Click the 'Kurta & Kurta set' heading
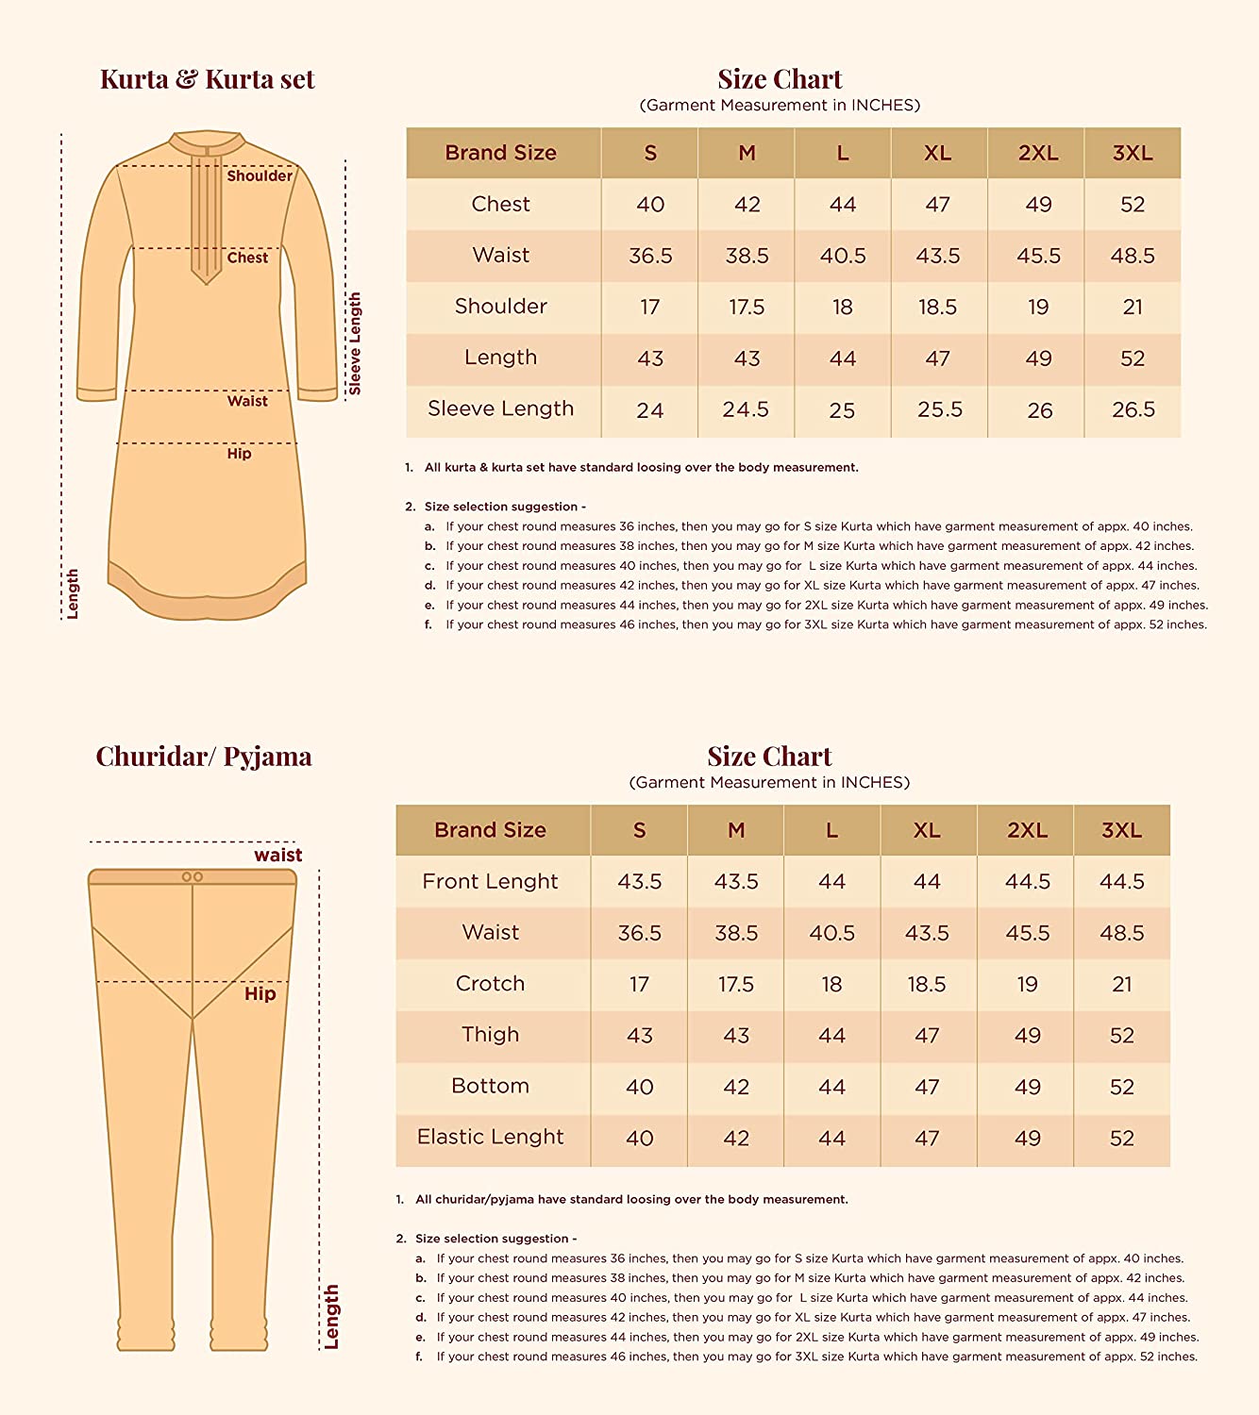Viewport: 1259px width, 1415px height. [207, 79]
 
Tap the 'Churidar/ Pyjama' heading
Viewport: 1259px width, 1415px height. [204, 757]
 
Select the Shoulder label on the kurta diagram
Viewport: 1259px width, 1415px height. [260, 175]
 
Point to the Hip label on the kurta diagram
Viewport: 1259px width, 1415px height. [239, 454]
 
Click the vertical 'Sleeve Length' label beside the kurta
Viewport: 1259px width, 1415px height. [355, 343]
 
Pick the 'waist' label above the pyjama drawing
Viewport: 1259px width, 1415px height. [277, 856]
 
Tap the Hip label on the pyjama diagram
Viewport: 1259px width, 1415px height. [260, 993]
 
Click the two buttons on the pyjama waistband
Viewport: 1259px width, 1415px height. [193, 877]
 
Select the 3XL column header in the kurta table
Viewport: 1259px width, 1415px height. [1133, 153]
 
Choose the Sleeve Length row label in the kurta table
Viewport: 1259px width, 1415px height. [500, 409]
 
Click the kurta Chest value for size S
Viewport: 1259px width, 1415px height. [650, 205]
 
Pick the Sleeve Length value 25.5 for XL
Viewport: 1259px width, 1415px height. [940, 409]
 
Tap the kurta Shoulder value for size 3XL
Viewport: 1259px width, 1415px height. [1133, 307]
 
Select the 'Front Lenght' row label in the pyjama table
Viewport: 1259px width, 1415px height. [490, 881]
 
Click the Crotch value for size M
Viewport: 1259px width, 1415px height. [736, 984]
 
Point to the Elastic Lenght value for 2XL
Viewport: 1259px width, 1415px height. [1027, 1139]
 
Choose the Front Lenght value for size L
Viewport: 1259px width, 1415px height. [831, 881]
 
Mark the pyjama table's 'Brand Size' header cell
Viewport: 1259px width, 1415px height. [490, 830]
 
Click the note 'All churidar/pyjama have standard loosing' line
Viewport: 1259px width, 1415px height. [631, 1200]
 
